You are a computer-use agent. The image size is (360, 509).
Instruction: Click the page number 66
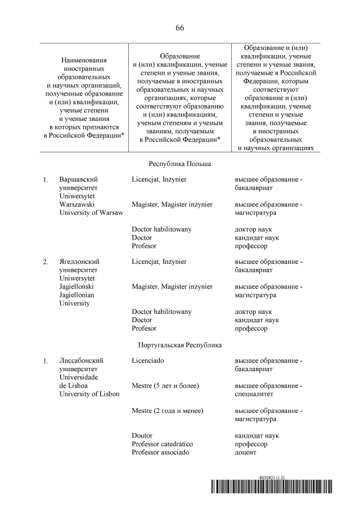click(180, 28)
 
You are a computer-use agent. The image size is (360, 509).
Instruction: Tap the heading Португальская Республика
click(180, 344)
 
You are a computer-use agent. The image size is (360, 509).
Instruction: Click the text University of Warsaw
click(91, 213)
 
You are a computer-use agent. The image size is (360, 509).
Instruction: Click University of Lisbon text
click(89, 394)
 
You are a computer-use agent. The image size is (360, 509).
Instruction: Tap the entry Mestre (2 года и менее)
click(167, 411)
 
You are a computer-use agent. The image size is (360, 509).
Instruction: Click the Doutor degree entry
click(142, 435)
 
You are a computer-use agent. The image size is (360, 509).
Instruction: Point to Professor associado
click(160, 452)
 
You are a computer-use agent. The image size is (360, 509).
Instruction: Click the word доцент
click(245, 452)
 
